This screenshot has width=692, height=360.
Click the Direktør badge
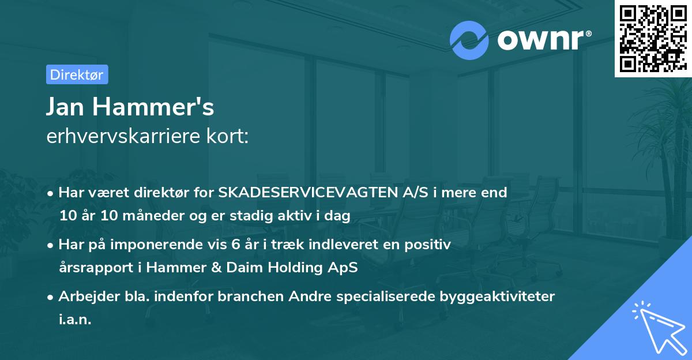(77, 74)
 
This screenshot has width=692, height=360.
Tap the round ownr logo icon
(469, 40)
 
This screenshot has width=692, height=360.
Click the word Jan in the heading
(69, 107)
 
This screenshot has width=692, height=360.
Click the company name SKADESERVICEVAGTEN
(307, 193)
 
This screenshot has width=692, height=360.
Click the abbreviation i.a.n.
(75, 320)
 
